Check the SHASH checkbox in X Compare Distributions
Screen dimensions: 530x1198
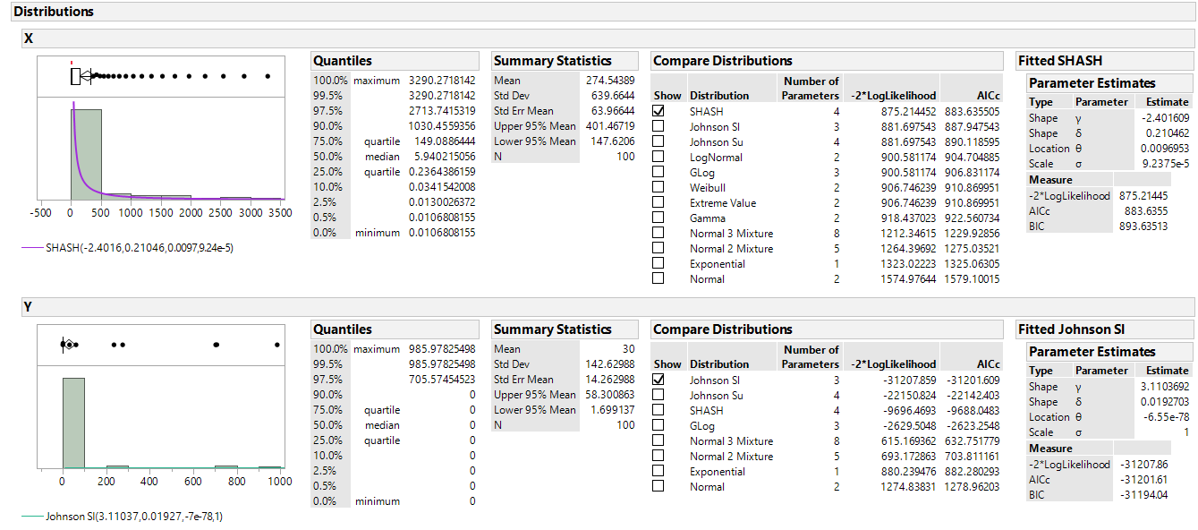tap(658, 111)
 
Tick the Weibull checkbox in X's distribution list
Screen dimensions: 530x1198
tap(658, 187)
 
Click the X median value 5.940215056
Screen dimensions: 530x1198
tap(442, 156)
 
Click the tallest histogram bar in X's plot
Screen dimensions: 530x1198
tap(86, 153)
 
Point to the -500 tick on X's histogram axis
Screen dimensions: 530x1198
tap(40, 213)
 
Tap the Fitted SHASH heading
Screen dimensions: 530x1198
tap(1060, 61)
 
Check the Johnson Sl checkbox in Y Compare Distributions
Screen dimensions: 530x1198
tap(658, 380)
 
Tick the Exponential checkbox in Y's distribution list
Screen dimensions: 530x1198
tap(658, 471)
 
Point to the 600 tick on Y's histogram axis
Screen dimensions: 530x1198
tap(192, 481)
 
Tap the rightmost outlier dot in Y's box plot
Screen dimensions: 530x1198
tap(277, 344)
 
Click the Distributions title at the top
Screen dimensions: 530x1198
tap(54, 12)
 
